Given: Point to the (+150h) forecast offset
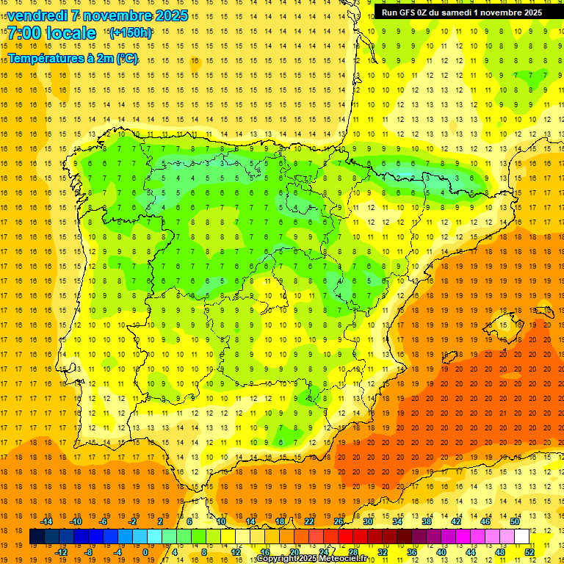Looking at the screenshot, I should (x=131, y=32).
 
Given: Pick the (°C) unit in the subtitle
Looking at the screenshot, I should (x=126, y=57).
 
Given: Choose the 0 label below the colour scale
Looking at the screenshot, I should (x=145, y=552).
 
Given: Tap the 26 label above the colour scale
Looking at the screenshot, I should (x=339, y=521).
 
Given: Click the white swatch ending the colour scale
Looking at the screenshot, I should (x=522, y=537).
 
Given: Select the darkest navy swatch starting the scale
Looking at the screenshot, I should (x=37, y=537).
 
